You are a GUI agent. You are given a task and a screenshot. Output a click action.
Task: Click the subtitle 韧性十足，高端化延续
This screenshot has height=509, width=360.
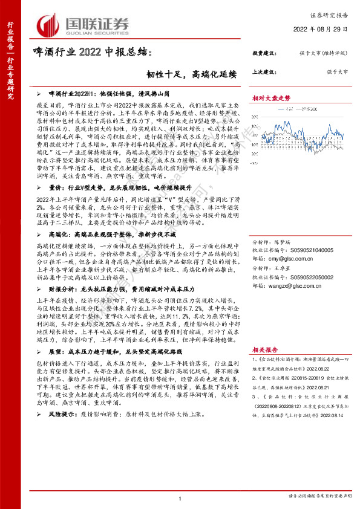193,75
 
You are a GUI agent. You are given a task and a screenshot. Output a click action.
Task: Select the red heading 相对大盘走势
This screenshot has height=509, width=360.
271,97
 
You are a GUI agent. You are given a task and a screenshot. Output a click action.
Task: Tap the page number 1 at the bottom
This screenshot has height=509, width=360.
180,497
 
